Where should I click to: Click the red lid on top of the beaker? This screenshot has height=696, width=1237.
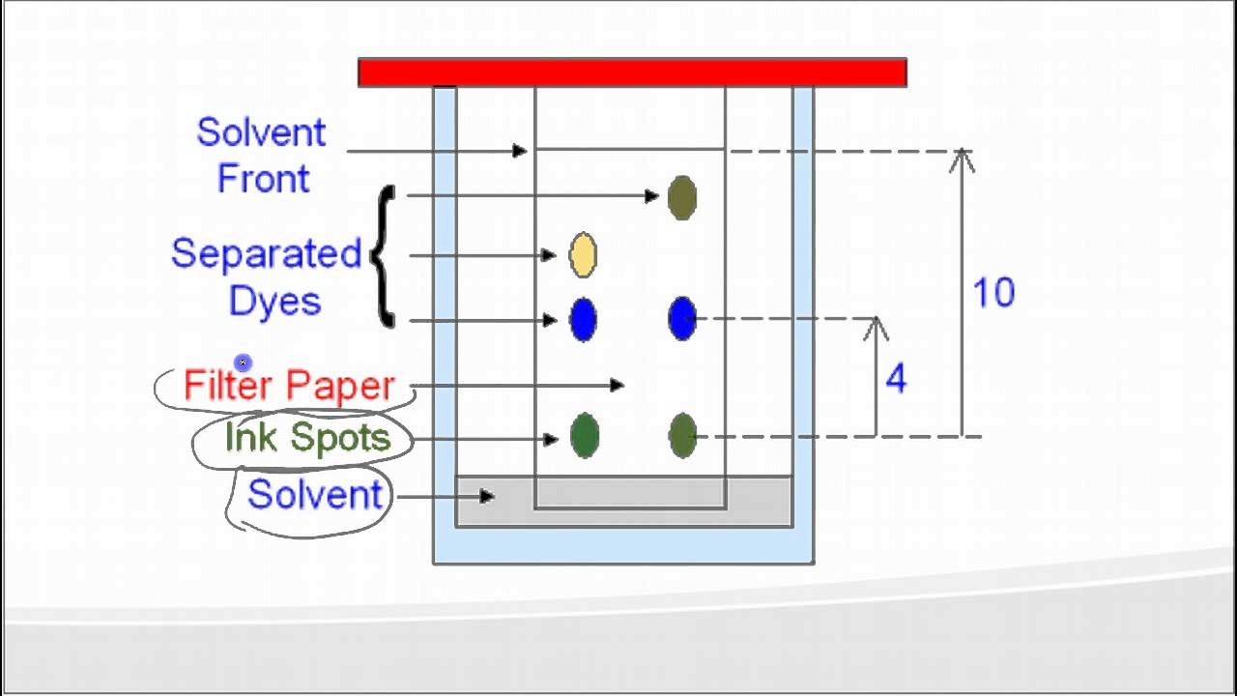632,72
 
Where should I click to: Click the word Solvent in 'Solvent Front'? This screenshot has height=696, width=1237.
261,132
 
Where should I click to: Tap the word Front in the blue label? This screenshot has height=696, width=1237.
263,179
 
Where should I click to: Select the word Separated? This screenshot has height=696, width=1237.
266,254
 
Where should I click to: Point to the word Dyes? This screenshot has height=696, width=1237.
274,301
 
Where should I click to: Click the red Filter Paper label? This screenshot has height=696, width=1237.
289,386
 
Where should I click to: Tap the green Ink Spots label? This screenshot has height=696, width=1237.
307,438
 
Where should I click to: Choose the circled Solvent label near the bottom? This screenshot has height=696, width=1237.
315,495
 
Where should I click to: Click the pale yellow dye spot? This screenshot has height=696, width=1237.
583,254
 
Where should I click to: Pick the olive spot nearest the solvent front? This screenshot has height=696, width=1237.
682,197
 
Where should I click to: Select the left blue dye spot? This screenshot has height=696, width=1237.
583,320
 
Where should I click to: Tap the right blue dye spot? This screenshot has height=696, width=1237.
682,318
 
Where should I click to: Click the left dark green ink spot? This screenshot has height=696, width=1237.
585,435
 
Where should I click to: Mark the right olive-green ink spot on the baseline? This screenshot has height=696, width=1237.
682,435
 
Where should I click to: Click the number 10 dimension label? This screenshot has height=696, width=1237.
993,293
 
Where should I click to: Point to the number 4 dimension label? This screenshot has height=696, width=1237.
896,380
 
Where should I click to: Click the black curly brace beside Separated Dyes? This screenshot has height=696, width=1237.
384,256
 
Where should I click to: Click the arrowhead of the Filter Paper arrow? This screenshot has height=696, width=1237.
618,385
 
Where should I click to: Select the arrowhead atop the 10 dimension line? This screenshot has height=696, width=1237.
962,158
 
